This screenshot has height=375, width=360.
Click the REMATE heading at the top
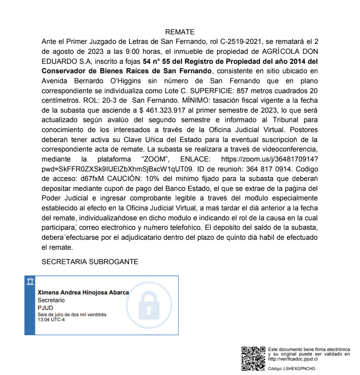(x=180, y=32)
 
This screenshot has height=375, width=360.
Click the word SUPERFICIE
(x=202, y=91)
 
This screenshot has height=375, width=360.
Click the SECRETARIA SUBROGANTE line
(x=90, y=262)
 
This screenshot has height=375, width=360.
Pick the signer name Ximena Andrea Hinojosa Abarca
(x=83, y=293)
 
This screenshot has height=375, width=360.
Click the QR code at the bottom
(x=254, y=359)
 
